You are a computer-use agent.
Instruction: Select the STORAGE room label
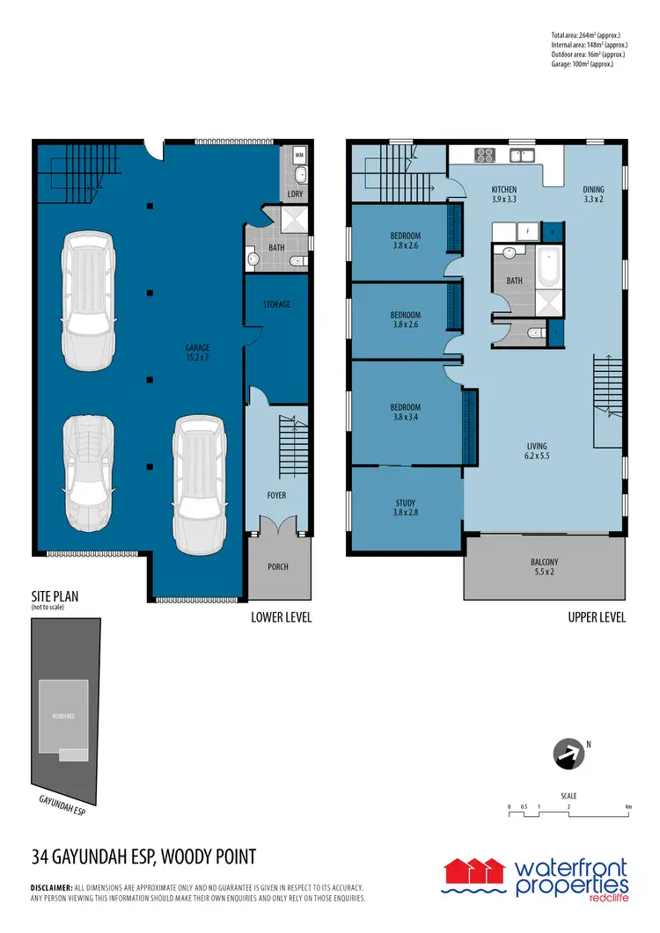click(x=276, y=304)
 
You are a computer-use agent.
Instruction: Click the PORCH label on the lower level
click(x=277, y=566)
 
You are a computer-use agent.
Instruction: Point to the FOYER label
click(x=276, y=495)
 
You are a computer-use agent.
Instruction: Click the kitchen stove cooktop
click(x=485, y=155)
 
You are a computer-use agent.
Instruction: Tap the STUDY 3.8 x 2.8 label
click(x=406, y=508)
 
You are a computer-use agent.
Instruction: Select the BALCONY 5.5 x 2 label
click(x=544, y=567)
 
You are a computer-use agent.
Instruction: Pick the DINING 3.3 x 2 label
click(x=594, y=194)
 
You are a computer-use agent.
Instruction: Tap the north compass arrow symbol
click(x=568, y=754)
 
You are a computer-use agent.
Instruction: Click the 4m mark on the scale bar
click(x=627, y=806)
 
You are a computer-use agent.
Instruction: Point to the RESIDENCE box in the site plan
click(x=63, y=717)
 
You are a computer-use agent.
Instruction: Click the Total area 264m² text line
click(x=589, y=35)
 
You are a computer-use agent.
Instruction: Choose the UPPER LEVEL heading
click(x=597, y=617)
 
